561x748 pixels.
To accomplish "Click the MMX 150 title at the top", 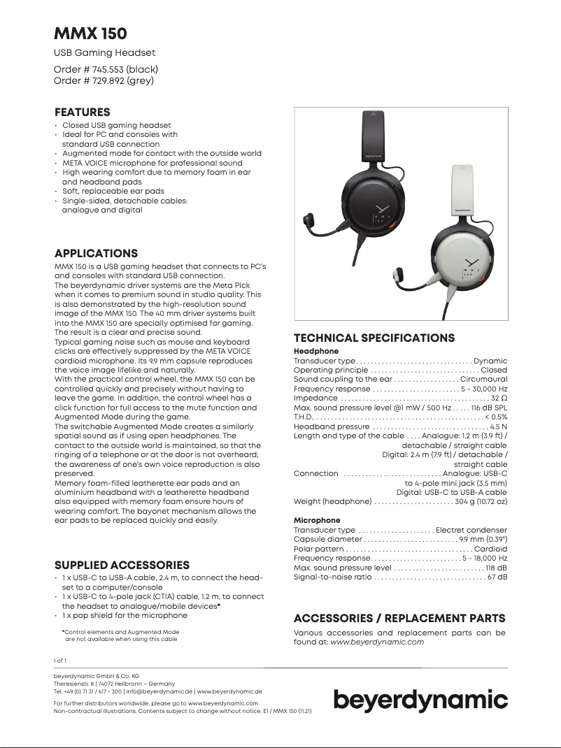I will (x=90, y=34).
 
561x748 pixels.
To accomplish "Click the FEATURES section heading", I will (x=83, y=112).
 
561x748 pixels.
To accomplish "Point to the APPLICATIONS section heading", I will (x=96, y=253).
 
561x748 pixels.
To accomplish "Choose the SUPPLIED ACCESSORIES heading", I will (x=122, y=565).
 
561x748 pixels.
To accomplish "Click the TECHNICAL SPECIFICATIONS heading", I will (x=374, y=338).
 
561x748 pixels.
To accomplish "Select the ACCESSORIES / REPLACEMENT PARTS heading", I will (x=399, y=618).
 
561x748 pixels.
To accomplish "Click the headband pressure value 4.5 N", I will (x=499, y=426).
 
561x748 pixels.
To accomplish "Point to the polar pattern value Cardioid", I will (x=490, y=549).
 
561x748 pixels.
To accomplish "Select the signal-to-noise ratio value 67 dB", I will (x=497, y=577).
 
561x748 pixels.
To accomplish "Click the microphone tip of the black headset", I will (x=308, y=224).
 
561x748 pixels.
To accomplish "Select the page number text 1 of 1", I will (x=60, y=660).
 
